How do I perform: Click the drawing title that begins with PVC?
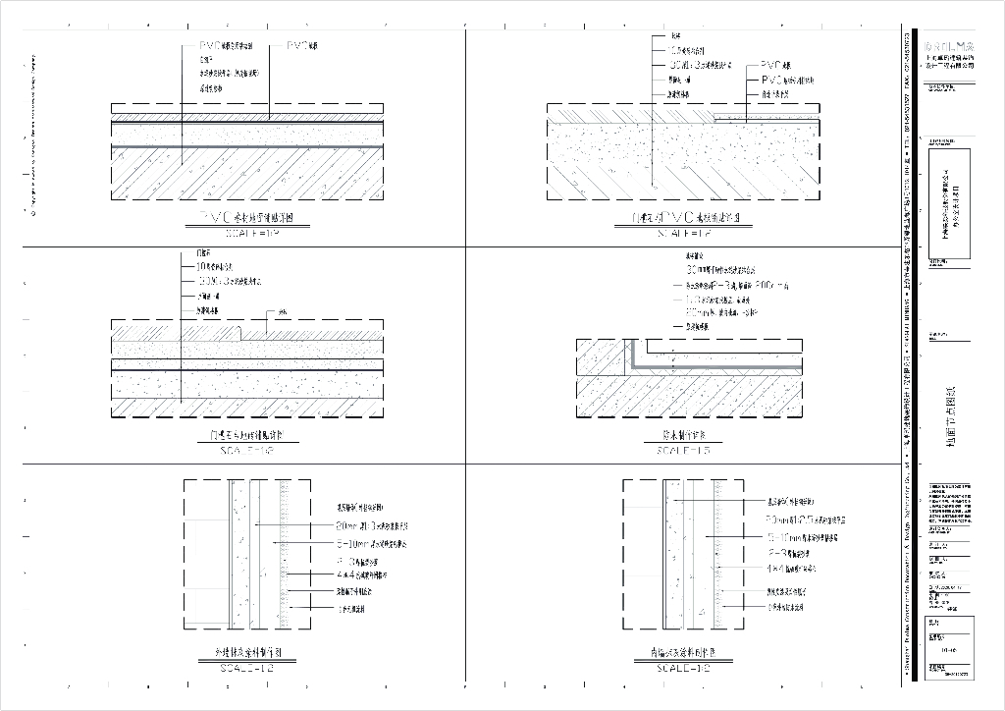point(247,218)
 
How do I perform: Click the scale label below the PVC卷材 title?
point(247,234)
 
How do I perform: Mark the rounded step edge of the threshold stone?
point(243,330)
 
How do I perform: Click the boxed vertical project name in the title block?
point(949,203)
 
